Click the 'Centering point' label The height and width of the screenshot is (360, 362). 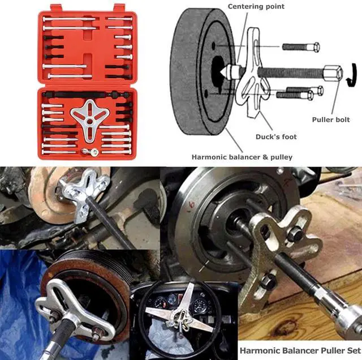pyautogui.click(x=256, y=6)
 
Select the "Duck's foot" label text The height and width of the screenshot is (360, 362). pyautogui.click(x=275, y=136)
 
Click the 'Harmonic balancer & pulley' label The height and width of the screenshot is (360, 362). pyautogui.click(x=242, y=157)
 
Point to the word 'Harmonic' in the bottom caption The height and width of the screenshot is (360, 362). pyautogui.click(x=258, y=350)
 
